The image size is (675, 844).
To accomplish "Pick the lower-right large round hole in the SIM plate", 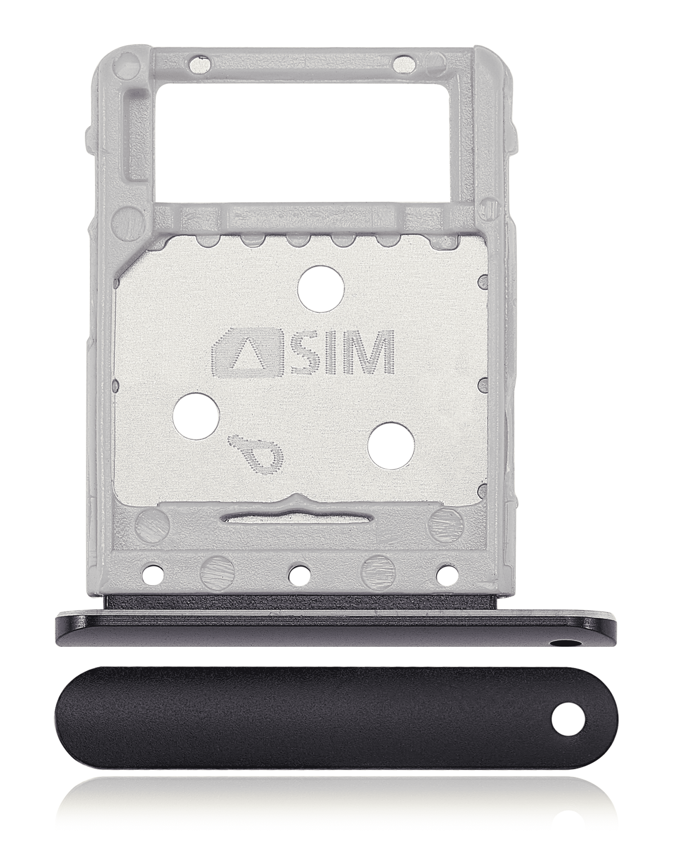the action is tap(391, 445).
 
